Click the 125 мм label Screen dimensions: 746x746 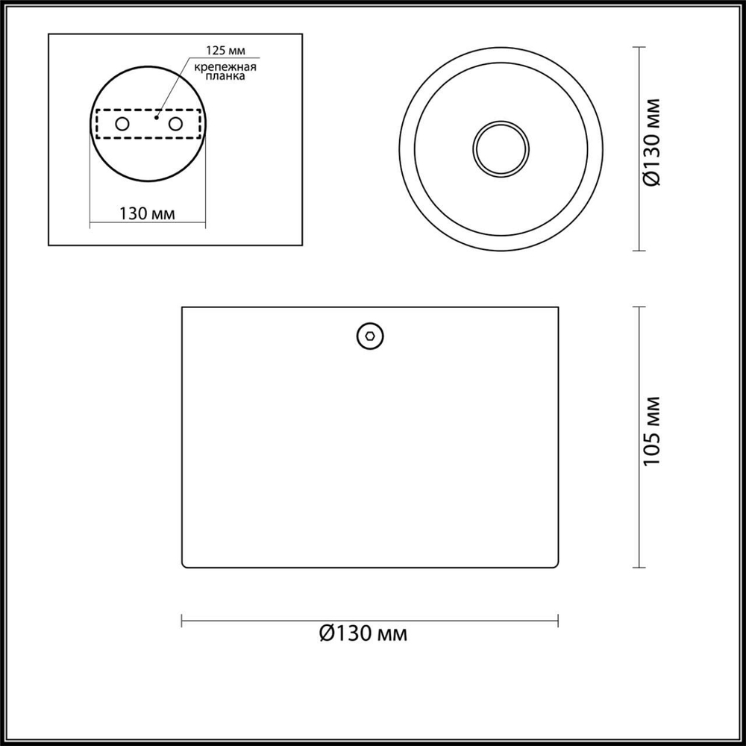click(227, 52)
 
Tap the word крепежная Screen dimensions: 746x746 click(225, 67)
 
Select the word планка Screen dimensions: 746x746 click(225, 75)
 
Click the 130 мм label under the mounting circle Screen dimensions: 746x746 click(147, 213)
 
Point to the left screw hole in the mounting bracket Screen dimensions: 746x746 click(122, 123)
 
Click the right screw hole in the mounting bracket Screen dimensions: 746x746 click(175, 123)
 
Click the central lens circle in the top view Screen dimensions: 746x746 click(501, 148)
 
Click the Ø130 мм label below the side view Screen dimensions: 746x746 click(363, 634)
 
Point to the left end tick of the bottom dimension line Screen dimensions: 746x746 click(183, 619)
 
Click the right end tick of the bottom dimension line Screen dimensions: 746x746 click(558, 619)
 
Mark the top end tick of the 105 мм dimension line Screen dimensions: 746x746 click(639, 307)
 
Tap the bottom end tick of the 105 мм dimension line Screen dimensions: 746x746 click(639, 565)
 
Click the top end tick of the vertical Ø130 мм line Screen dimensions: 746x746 click(639, 47)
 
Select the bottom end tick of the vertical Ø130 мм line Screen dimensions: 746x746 click(639, 251)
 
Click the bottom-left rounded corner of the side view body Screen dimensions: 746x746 click(184, 564)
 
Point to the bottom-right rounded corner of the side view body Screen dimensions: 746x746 click(557, 564)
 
